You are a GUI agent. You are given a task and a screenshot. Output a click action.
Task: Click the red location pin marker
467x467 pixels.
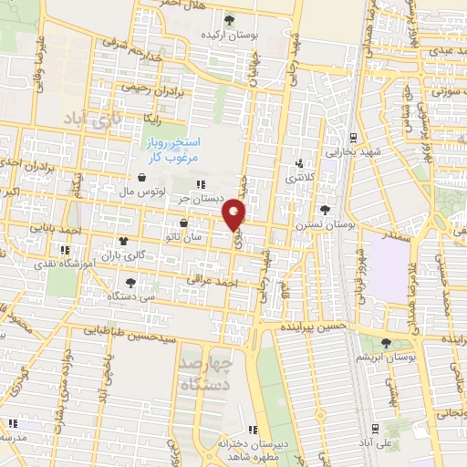(235, 214)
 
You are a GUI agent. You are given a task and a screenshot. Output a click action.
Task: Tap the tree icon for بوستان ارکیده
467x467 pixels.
(229, 20)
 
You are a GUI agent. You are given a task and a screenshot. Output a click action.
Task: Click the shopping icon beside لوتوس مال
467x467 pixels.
(143, 179)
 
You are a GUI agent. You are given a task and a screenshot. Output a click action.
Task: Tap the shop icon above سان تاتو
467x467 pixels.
(185, 223)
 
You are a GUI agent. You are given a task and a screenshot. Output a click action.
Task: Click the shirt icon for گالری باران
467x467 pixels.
(123, 242)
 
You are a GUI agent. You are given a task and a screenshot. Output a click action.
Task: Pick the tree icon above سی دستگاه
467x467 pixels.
(132, 283)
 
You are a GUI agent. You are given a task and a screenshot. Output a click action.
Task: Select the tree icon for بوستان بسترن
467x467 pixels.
(326, 211)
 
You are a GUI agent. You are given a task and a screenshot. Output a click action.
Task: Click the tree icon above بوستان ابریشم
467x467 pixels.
(386, 342)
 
